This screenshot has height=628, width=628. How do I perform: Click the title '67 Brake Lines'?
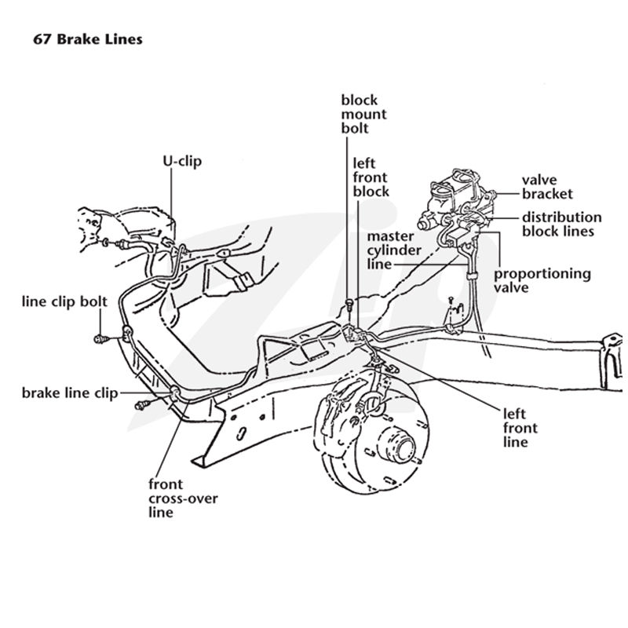(88, 39)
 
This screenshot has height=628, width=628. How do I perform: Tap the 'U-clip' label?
(182, 161)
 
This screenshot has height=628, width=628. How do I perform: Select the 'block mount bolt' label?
(363, 114)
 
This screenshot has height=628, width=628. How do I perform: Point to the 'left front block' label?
(371, 177)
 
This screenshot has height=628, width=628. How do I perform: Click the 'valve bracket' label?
(547, 187)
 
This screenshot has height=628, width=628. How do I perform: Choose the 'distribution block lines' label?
(561, 225)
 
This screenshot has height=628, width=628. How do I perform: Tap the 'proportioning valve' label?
(542, 280)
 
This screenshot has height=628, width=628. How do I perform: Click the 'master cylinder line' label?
(394, 250)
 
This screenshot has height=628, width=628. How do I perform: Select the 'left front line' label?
(520, 428)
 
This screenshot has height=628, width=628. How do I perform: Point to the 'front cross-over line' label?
(183, 498)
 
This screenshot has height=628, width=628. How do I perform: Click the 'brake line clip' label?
(70, 393)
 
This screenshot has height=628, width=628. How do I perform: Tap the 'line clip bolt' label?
(64, 301)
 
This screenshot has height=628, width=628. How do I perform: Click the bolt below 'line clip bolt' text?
(100, 340)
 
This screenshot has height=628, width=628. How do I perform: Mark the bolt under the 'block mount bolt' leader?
(349, 304)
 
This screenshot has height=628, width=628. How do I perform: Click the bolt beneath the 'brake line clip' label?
(143, 405)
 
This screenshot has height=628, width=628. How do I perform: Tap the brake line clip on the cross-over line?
(175, 392)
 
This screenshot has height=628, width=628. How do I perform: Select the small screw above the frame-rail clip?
(451, 300)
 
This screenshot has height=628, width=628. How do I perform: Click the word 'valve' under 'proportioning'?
(511, 287)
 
